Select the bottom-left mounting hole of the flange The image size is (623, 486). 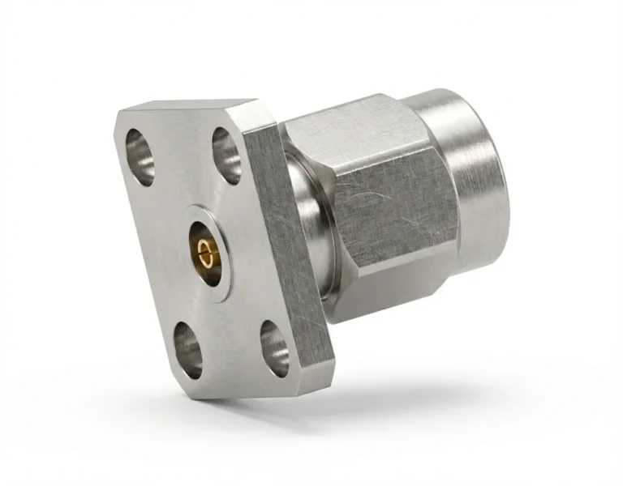click(x=187, y=351)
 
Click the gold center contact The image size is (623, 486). click(x=206, y=253)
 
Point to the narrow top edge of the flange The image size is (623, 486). click(x=187, y=107)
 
